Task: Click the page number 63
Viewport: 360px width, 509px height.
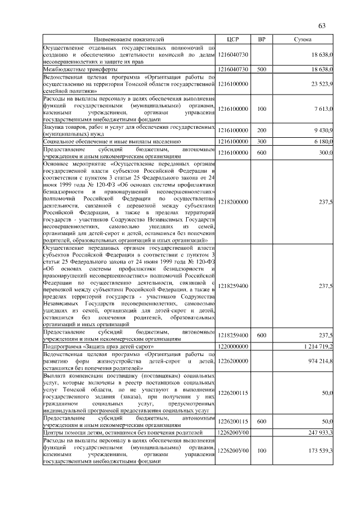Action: (x=322, y=26)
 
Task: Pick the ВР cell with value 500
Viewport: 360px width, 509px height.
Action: (x=261, y=69)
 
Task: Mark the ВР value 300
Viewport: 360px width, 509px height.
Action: (x=261, y=142)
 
